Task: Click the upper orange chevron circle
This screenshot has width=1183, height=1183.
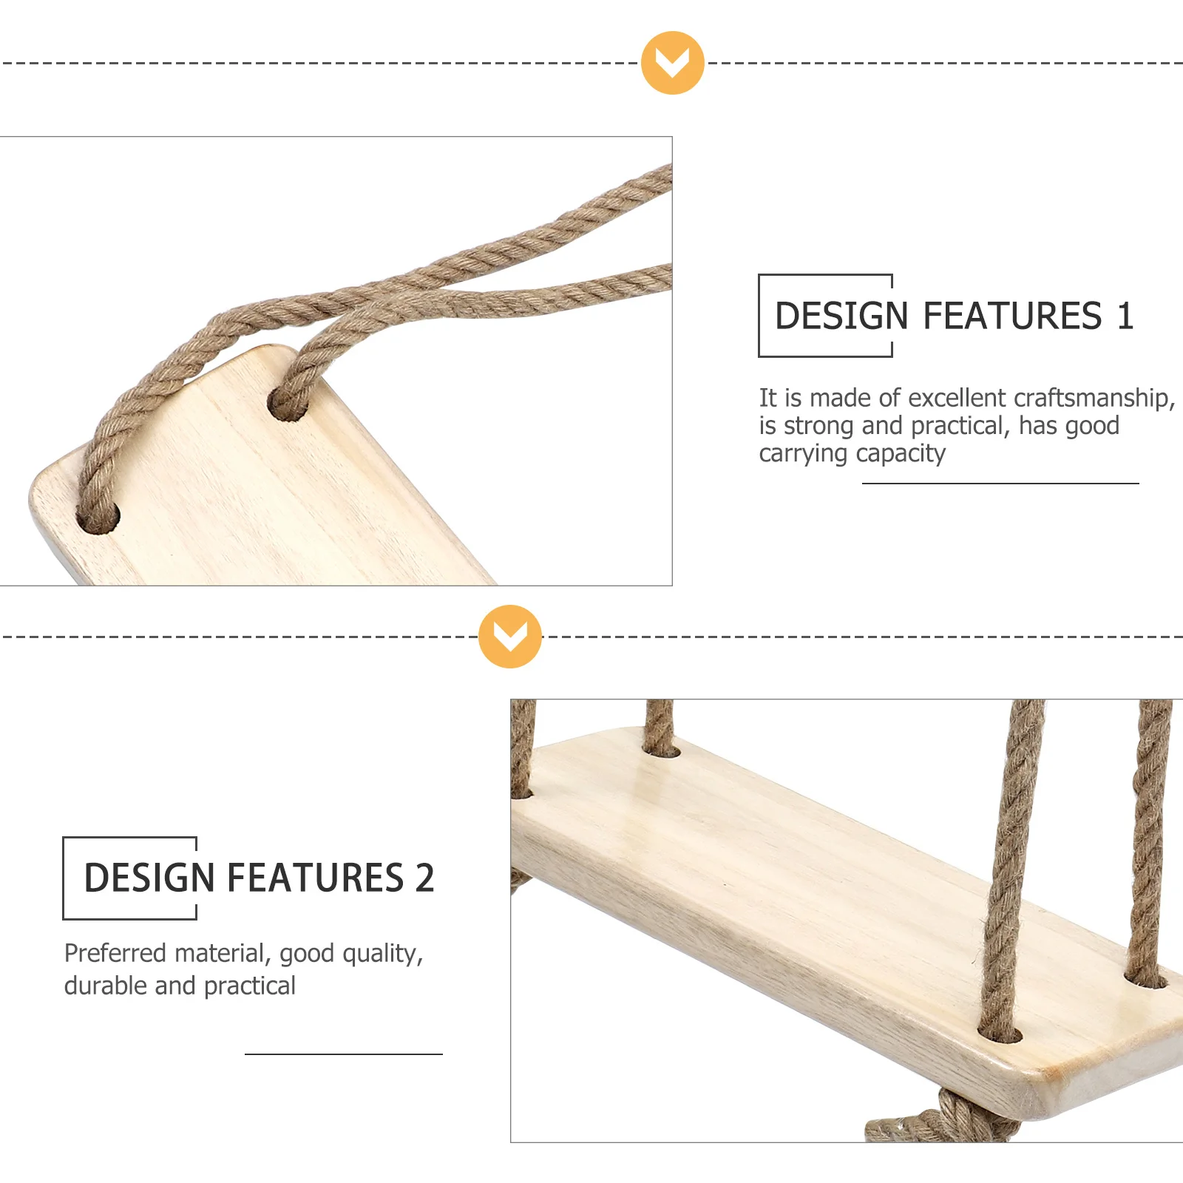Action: (x=672, y=63)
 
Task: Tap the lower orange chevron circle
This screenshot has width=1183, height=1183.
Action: (x=509, y=637)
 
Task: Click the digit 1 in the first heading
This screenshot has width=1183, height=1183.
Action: (x=1125, y=316)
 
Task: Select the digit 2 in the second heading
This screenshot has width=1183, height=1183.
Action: (x=424, y=878)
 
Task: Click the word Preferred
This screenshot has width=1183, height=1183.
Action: (x=115, y=953)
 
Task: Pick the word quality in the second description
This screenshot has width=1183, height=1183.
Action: (x=382, y=954)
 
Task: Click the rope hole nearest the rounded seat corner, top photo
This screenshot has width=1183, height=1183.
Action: (x=98, y=518)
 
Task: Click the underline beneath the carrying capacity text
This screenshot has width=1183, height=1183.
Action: (x=1000, y=484)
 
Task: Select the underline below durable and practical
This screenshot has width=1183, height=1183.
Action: (x=343, y=1054)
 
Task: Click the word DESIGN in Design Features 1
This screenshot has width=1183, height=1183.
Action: (x=841, y=316)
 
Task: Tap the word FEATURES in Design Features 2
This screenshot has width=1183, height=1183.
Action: (x=315, y=878)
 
